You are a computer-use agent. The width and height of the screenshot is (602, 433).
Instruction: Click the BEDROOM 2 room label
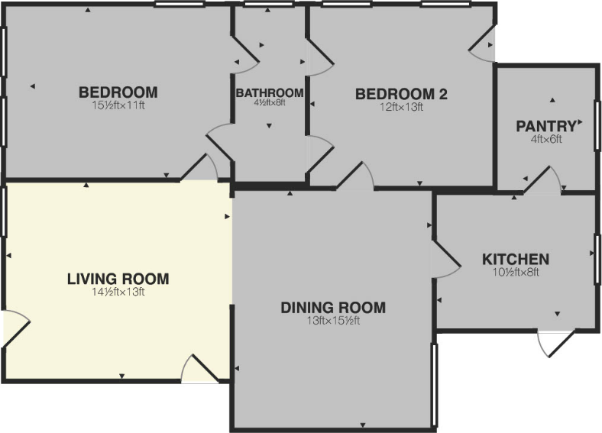pos(401,95)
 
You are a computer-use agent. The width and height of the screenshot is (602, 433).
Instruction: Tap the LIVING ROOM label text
pos(118,279)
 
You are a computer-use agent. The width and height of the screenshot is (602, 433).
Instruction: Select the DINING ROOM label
pos(333,308)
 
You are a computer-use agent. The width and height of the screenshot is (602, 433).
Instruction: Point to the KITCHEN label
pos(516,259)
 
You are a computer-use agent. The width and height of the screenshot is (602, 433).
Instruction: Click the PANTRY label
pos(545,125)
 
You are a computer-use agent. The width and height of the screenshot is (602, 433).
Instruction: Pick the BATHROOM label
pos(270,93)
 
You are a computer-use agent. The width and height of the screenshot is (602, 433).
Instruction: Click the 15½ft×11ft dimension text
pos(118,106)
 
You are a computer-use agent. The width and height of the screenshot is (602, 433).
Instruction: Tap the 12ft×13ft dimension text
pos(401,108)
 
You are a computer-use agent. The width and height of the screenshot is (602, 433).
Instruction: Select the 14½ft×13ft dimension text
pos(118,292)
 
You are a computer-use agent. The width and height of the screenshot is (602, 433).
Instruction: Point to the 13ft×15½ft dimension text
pos(333,321)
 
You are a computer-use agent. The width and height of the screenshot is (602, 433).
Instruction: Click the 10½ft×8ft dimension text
pos(516,272)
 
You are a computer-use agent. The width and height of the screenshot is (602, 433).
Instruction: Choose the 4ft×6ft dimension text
pos(545,138)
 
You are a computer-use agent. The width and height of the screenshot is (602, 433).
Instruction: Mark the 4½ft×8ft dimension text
pos(270,103)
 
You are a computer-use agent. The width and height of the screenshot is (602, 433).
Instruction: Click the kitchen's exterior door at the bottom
pos(553,343)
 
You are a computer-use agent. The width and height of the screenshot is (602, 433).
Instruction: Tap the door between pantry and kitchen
pos(544,183)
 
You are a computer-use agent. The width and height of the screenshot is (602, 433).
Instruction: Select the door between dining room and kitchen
pos(444,259)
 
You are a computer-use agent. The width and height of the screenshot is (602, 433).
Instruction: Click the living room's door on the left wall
pos(15,328)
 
